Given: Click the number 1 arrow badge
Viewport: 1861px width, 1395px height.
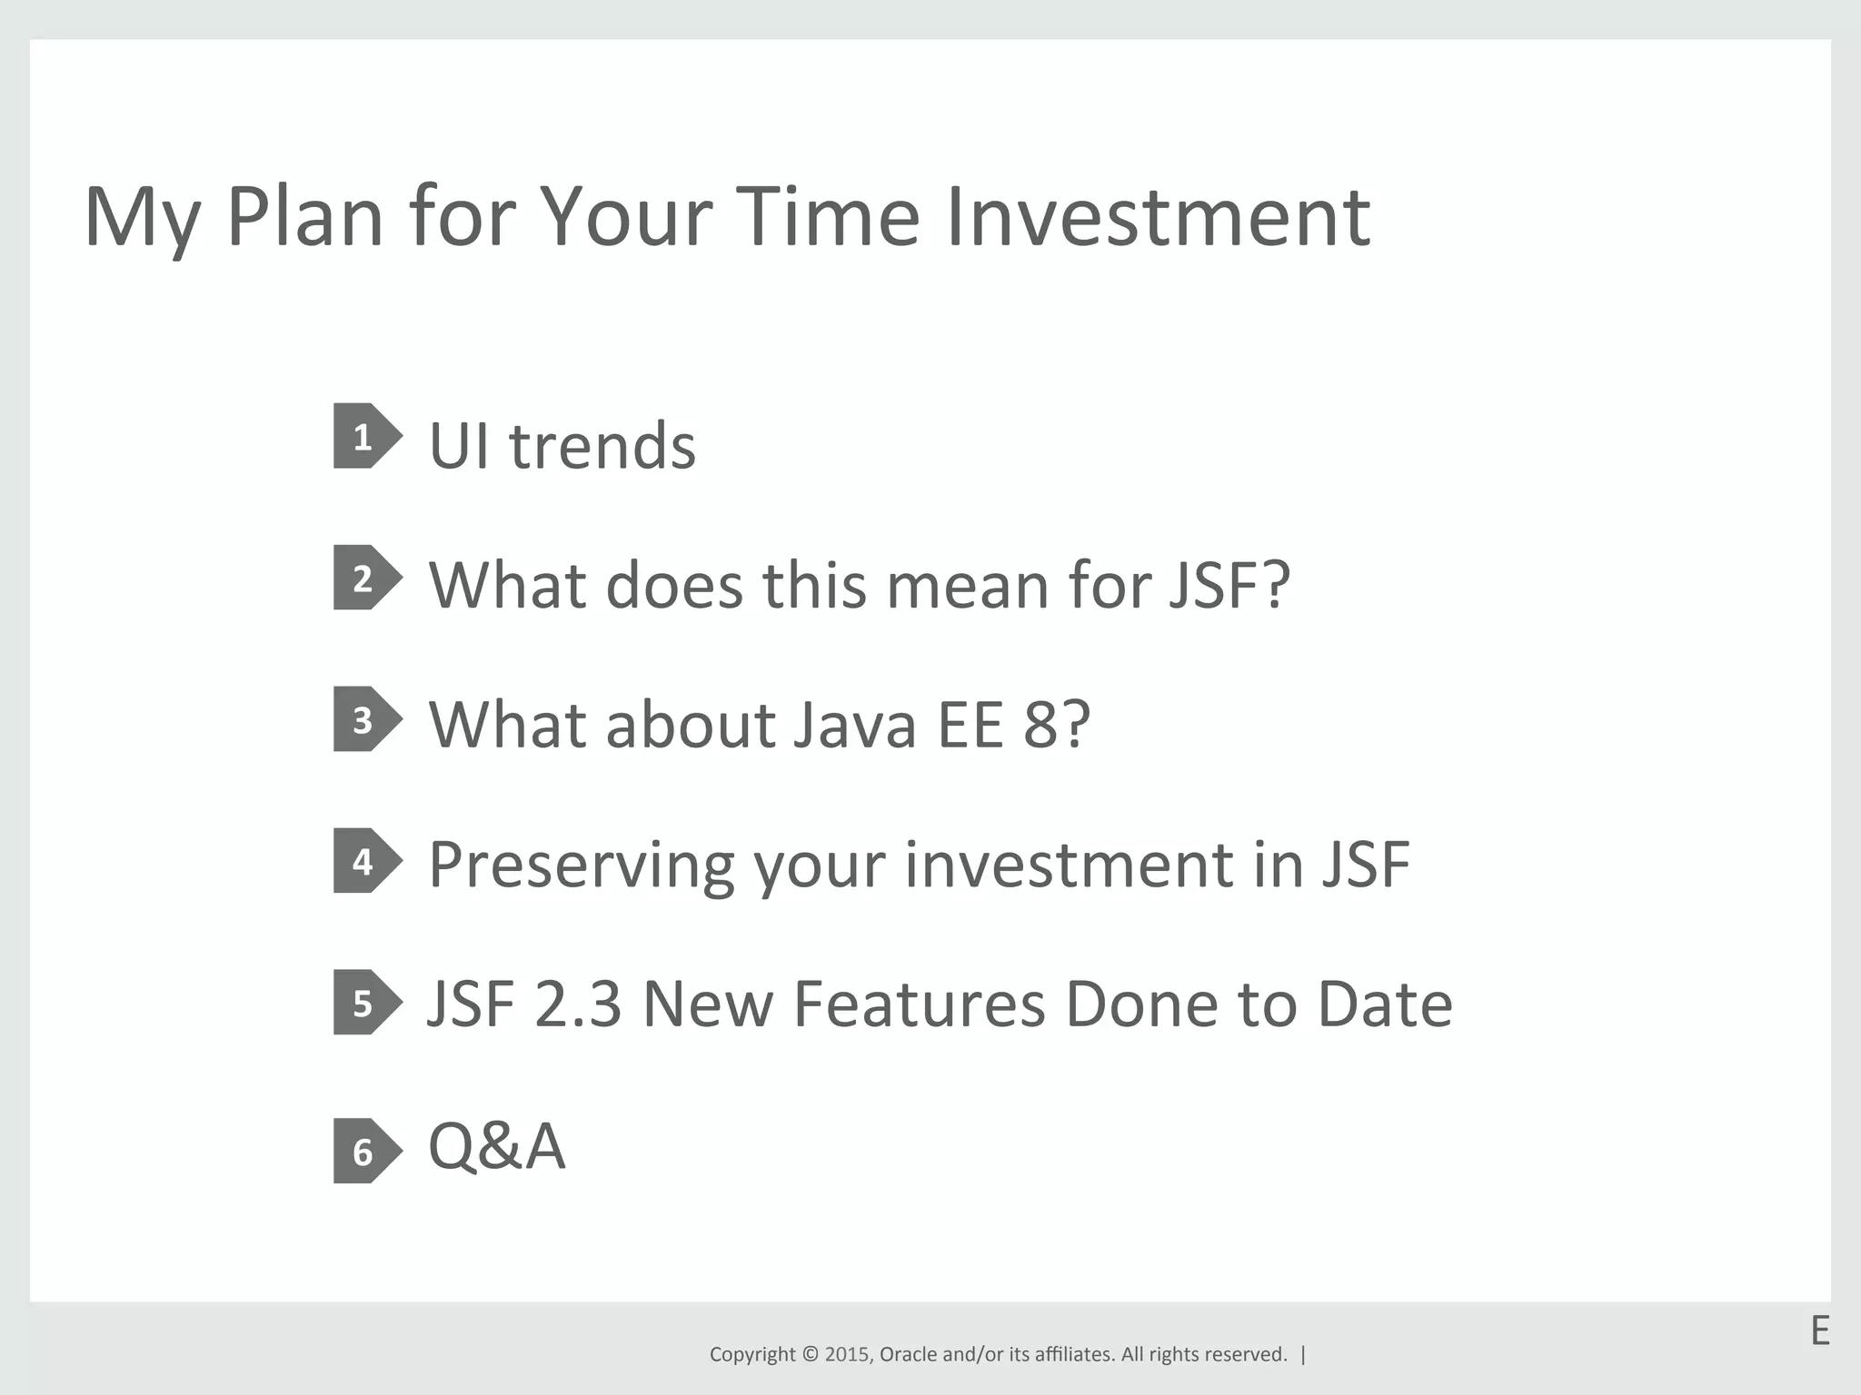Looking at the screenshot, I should click(366, 436).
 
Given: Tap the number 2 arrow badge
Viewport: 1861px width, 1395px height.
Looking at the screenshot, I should click(366, 578).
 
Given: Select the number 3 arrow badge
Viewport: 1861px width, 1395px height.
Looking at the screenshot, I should click(366, 719).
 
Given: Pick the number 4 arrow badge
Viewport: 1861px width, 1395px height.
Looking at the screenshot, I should click(366, 861).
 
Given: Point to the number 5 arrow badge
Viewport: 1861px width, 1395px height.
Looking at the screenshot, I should click(366, 1003).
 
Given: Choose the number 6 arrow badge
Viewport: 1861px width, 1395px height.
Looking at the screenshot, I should click(366, 1151).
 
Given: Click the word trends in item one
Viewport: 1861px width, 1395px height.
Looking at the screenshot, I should click(602, 446).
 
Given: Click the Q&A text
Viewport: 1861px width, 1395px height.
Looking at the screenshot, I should click(496, 1145).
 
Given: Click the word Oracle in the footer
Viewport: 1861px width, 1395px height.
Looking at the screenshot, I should click(909, 1354).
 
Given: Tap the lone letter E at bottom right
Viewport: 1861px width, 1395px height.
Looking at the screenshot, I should click(1819, 1331).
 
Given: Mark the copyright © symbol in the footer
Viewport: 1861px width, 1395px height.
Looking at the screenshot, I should click(810, 1354).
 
